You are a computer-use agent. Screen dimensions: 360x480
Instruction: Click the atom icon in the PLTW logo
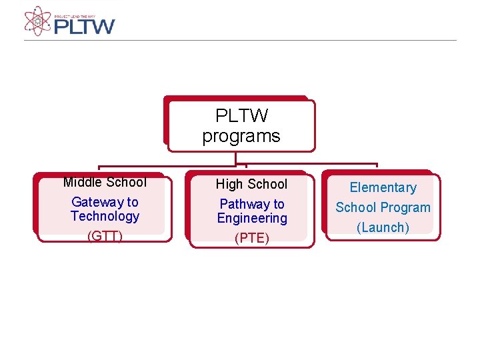coord(38,21)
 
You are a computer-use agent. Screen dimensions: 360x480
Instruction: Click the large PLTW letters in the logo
coord(85,26)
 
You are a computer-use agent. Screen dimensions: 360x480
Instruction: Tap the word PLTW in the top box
coord(241,116)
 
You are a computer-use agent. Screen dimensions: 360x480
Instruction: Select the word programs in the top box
coord(241,137)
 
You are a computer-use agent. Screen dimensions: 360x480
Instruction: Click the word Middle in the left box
coord(83,182)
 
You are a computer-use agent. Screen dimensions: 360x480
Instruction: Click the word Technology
coord(105,216)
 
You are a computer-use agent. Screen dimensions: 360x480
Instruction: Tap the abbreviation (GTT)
coord(105,237)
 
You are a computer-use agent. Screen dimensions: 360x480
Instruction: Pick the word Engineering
coord(252,218)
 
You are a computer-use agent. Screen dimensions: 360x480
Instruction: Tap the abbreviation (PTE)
coord(252,239)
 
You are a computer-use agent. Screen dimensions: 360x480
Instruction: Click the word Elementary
coord(383,188)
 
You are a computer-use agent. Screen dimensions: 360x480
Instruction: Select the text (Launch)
coord(383,227)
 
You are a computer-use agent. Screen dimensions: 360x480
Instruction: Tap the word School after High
coord(267,184)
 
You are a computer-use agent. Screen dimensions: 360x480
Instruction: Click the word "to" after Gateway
coord(132,202)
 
